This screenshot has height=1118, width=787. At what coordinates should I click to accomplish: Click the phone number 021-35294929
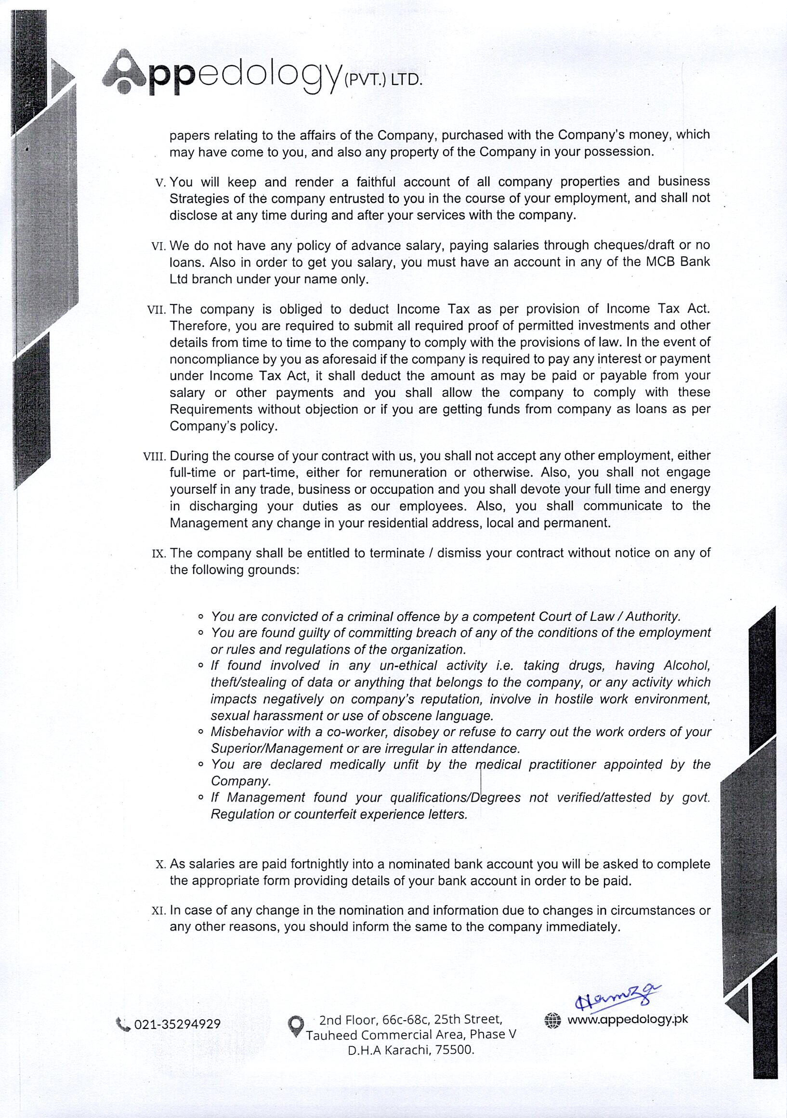click(177, 1024)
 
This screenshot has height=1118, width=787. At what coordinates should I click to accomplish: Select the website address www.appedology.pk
click(628, 1019)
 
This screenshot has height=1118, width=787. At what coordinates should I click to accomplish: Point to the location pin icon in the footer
click(296, 1026)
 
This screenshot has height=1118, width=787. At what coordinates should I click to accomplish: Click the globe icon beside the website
click(553, 1020)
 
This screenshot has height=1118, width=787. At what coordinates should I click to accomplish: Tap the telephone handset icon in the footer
click(124, 1025)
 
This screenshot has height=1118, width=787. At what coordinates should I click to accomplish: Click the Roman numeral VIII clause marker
click(155, 457)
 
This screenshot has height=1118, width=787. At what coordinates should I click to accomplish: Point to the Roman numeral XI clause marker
click(159, 911)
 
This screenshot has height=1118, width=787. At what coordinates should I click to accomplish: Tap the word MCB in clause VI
click(661, 262)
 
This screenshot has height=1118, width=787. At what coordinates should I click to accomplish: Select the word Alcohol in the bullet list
click(687, 666)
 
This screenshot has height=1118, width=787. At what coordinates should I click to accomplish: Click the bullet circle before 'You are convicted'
click(200, 617)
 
